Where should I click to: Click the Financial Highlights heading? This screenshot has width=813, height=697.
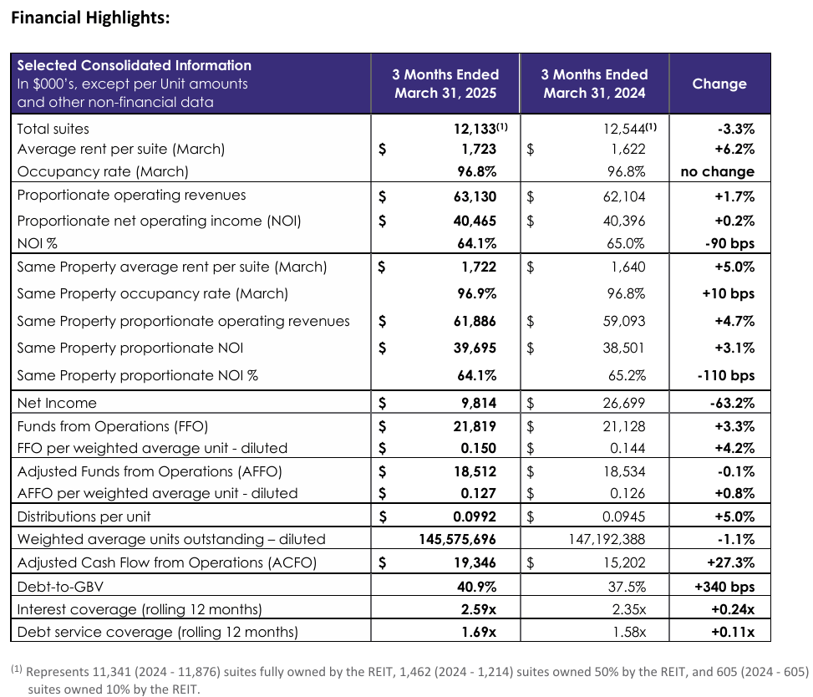point(90,18)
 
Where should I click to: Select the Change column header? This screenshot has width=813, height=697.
point(719,84)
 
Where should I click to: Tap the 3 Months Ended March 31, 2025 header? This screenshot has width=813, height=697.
point(445,84)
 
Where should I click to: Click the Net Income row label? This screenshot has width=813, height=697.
point(57,403)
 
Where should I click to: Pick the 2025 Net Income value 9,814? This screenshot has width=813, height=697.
point(478,403)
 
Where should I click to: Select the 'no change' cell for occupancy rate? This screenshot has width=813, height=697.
point(717,171)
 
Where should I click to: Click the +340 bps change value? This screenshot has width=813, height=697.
point(724,587)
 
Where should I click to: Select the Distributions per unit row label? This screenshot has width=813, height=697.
point(84,516)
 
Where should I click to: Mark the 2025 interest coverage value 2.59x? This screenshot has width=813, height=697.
point(479,608)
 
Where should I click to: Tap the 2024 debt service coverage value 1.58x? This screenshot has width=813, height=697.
point(627,632)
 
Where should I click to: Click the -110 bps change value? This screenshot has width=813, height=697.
point(725,375)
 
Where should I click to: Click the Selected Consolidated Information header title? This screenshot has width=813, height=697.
point(134,65)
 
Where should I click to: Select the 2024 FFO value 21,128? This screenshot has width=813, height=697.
point(623,426)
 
